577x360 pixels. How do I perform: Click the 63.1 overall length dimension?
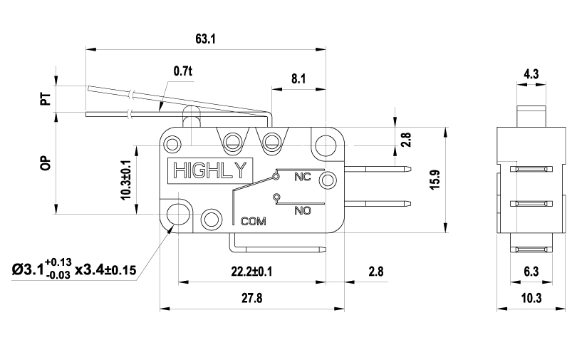pyautogui.click(x=205, y=38)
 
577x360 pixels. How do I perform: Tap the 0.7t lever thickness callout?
pyautogui.click(x=183, y=71)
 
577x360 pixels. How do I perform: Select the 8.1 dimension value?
pyautogui.click(x=298, y=78)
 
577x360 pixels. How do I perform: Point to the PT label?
pyautogui.click(x=46, y=98)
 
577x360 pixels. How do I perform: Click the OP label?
pyautogui.click(x=46, y=163)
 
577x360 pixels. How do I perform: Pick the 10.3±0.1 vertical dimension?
pyautogui.click(x=126, y=180)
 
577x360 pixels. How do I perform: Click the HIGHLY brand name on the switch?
pyautogui.click(x=209, y=171)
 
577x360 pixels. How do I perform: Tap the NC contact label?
pyautogui.click(x=303, y=177)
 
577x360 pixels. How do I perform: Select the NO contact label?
pyautogui.click(x=303, y=210)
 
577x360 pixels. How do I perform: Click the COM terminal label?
pyautogui.click(x=253, y=221)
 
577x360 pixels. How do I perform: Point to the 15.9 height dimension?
pyautogui.click(x=435, y=180)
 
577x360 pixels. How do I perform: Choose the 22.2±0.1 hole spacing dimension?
pyautogui.click(x=251, y=272)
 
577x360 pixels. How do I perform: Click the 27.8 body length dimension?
pyautogui.click(x=252, y=298)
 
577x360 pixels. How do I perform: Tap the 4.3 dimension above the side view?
pyautogui.click(x=531, y=74)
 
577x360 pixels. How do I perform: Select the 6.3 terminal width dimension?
pyautogui.click(x=531, y=272)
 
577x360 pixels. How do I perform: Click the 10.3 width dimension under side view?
pyautogui.click(x=531, y=298)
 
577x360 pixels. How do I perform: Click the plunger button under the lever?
pyautogui.click(x=192, y=117)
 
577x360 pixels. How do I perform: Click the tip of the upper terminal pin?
pyautogui.click(x=411, y=170)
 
